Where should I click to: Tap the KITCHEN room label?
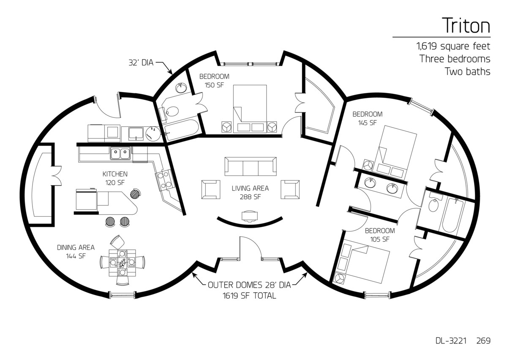(x=115, y=178)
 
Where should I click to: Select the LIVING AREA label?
(x=250, y=192)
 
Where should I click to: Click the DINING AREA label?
(x=76, y=251)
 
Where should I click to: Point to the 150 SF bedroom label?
(x=214, y=80)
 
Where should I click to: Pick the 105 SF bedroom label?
(x=380, y=235)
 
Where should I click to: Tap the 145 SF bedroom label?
(x=368, y=118)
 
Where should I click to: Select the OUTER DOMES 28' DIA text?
(x=249, y=285)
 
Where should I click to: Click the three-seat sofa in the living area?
(x=250, y=167)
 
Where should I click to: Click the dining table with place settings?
(x=122, y=263)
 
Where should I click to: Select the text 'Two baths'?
(x=467, y=71)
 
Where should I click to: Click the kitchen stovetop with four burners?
(x=165, y=179)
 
